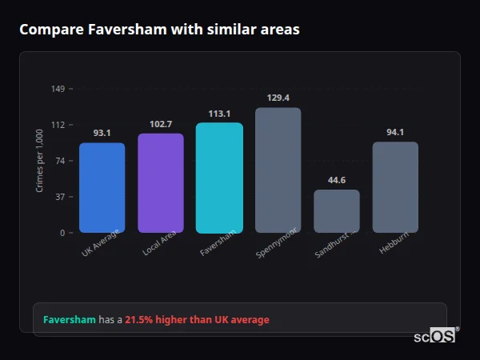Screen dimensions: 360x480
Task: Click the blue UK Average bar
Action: [102, 188]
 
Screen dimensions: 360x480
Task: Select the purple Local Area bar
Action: [161, 183]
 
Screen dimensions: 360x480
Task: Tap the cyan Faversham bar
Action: [219, 178]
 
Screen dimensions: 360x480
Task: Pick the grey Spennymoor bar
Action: [278, 170]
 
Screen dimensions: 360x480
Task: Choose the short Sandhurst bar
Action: [337, 211]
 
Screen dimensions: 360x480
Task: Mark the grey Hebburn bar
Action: [395, 187]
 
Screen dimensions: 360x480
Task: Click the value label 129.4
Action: [278, 98]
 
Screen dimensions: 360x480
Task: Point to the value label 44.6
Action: [337, 180]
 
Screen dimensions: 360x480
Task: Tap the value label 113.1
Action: [219, 114]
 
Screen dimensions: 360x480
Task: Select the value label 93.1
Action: [102, 133]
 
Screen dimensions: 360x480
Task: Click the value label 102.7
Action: [161, 124]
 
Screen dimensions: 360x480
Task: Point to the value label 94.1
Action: [395, 132]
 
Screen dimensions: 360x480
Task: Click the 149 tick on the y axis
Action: [58, 88]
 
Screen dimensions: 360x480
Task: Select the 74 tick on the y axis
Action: [60, 161]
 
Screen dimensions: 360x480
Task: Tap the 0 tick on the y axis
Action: [62, 233]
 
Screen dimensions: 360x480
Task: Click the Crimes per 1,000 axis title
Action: [40, 161]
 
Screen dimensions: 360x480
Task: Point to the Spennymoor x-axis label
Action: [277, 243]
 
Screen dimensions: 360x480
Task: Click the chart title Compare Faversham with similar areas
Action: [159, 30]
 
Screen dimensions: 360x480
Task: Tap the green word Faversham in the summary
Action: [69, 320]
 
